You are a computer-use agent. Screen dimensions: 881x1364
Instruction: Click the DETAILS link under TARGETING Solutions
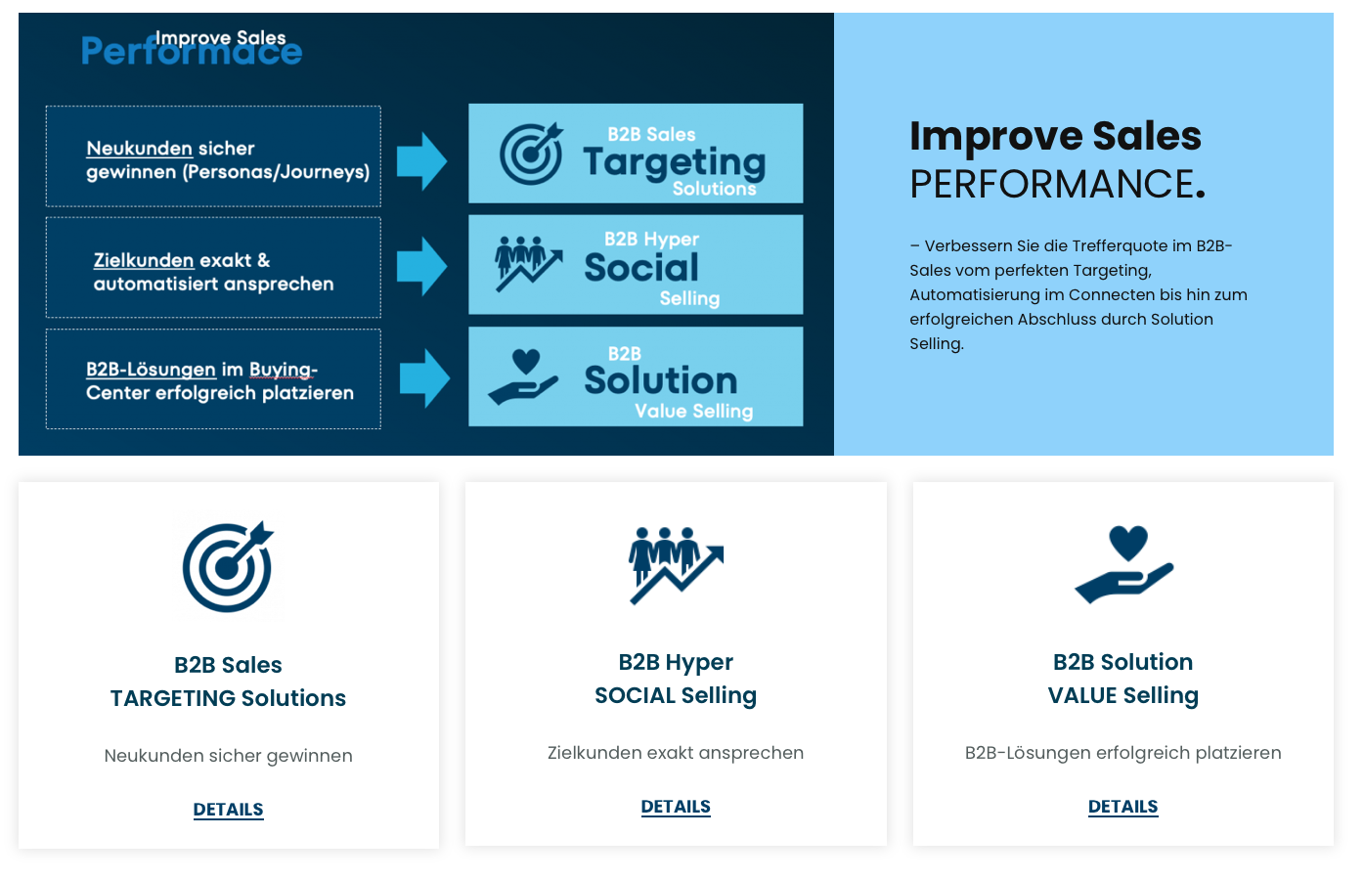coord(228,810)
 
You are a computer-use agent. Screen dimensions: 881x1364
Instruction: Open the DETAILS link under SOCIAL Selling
coord(676,807)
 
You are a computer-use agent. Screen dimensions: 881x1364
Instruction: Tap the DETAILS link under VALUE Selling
coord(1122,807)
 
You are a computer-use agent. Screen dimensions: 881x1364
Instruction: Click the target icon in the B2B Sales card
coord(228,567)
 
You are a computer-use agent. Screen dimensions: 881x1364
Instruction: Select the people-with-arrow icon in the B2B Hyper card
coord(676,565)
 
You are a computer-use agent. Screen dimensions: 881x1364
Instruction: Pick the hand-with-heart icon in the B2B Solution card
coord(1123,564)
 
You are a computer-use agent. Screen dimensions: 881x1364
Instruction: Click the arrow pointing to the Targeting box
coord(421,161)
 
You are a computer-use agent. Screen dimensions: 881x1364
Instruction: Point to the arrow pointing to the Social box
coord(421,266)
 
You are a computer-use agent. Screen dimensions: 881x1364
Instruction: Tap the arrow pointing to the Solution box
coord(424,378)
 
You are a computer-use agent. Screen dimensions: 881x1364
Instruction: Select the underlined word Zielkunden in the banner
coord(144,261)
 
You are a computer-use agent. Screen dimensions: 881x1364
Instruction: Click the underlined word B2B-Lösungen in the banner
coord(151,370)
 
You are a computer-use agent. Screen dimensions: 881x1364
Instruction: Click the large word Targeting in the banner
coord(674,161)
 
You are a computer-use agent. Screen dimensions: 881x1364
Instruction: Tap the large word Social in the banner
coord(641,268)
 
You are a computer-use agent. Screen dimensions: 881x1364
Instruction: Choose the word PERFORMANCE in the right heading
coord(1052,184)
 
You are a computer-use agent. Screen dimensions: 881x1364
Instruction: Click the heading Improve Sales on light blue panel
coord(1055,136)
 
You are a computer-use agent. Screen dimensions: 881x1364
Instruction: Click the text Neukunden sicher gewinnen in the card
coord(228,756)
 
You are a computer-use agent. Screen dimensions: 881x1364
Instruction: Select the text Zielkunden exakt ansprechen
coord(676,753)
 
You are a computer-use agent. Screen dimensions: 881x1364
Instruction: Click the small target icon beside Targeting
coord(531,154)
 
